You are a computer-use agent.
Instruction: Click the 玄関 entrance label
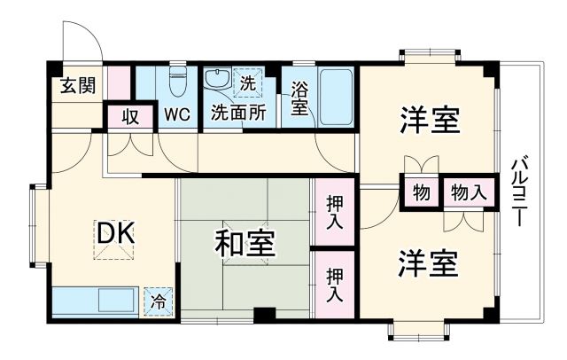pos(78,86)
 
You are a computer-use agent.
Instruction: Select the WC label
pos(176,113)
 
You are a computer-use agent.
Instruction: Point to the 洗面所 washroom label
pos(238,113)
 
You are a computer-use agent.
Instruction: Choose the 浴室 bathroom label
pos(299,97)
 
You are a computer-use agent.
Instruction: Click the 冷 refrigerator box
pos(159,301)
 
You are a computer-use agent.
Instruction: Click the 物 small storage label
pos(421,192)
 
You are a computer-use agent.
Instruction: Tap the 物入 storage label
pos(467,192)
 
